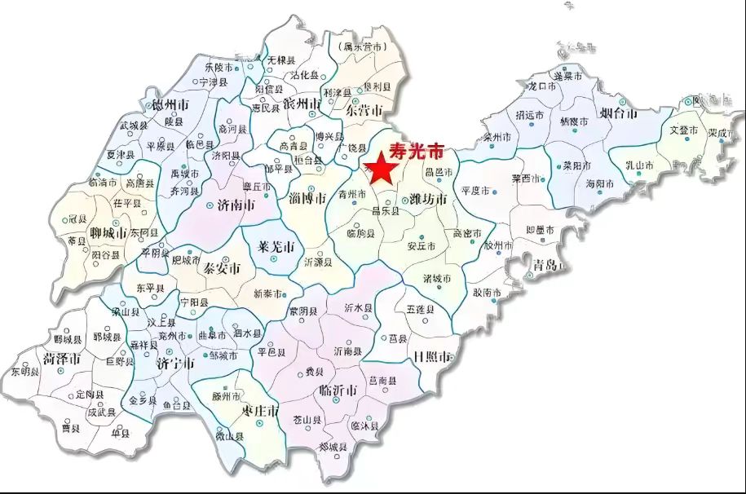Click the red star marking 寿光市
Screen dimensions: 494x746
pyautogui.click(x=381, y=169)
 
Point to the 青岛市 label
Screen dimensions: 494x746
pyautogui.click(x=544, y=265)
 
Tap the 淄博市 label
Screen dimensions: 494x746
pyautogui.click(x=307, y=197)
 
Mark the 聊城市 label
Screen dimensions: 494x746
pyautogui.click(x=109, y=233)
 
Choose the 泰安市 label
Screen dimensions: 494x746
pyautogui.click(x=222, y=268)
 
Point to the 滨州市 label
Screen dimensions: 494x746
pyautogui.click(x=302, y=104)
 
